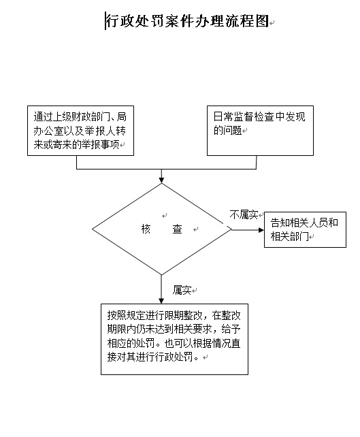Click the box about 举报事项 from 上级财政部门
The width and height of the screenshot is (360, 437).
(x=80, y=131)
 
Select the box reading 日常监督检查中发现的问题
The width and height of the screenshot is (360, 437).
(x=260, y=131)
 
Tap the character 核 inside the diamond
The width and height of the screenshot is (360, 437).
(x=146, y=229)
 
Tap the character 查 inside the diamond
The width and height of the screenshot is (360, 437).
(x=177, y=229)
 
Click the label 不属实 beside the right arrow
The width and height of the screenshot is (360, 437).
(x=244, y=214)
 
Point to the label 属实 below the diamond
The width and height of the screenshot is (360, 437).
(x=182, y=290)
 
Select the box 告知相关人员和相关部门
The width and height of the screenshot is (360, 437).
(x=305, y=229)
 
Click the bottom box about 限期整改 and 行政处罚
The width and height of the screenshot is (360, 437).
(x=174, y=339)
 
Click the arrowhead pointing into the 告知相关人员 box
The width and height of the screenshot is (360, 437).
(x=261, y=230)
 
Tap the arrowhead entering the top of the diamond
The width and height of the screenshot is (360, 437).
(x=161, y=180)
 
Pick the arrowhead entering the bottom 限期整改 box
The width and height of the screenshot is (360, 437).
(x=161, y=301)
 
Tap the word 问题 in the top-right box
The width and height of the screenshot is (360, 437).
(x=232, y=130)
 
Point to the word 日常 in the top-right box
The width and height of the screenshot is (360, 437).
(x=223, y=116)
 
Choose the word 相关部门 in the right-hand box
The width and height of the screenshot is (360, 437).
(x=289, y=237)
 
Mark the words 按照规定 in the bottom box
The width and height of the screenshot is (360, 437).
(x=126, y=315)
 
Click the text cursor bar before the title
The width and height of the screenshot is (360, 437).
(x=105, y=21)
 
